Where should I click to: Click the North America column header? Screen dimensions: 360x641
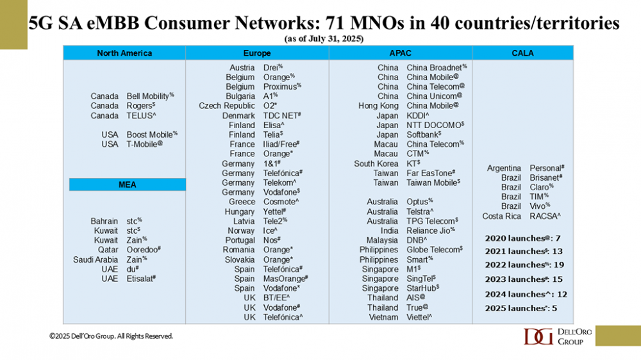pos(124,53)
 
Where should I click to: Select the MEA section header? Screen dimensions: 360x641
pos(127,184)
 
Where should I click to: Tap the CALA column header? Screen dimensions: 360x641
pos(522,53)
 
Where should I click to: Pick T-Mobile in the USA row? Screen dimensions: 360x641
pos(144,144)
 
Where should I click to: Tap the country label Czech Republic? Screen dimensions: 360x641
pos(227,106)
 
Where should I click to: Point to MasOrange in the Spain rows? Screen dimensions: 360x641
pos(286,279)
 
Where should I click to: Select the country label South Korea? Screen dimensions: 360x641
pos(376,163)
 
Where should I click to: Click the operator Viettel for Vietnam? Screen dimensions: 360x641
pos(419,317)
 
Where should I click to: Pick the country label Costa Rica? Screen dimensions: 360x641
pos(502,216)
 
